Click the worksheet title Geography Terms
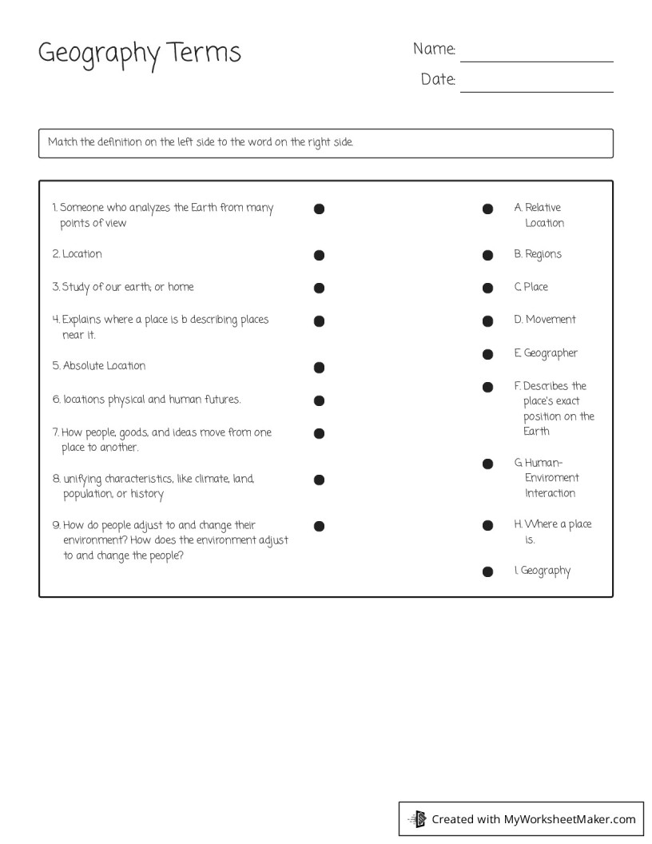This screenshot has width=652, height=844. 140,54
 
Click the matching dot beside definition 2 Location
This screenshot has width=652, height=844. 319,256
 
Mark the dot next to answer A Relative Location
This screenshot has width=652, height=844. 487,209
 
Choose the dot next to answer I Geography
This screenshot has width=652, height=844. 487,572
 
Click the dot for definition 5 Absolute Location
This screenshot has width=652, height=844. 319,368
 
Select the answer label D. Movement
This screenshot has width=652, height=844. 545,320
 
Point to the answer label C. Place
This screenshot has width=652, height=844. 531,287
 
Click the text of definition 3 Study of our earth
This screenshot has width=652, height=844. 123,287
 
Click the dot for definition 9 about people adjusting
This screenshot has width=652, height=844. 319,526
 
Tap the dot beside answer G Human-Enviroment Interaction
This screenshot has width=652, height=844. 487,464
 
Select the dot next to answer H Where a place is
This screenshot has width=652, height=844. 487,526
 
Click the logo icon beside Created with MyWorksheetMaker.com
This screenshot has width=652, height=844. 418,818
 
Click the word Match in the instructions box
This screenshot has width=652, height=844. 62,142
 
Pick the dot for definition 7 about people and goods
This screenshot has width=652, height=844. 319,434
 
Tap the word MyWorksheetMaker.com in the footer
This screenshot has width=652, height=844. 570,818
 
